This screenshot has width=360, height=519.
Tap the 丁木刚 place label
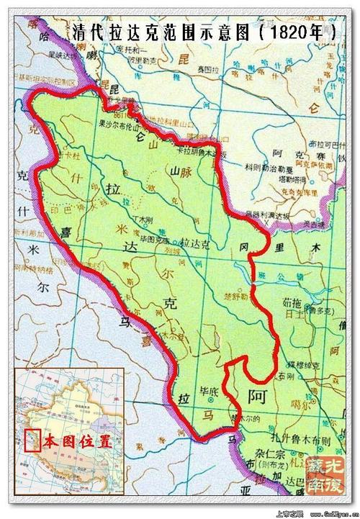coord(145,220)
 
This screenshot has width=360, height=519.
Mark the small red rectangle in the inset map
coord(30,440)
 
